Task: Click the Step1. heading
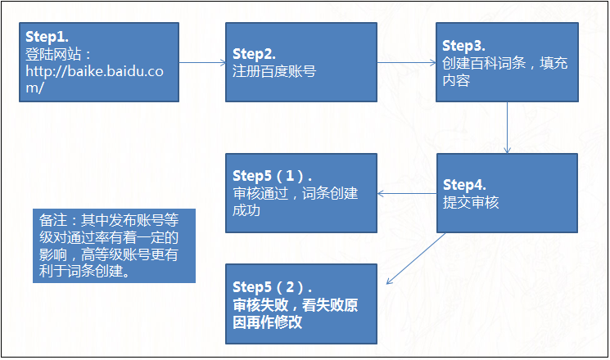click(x=47, y=38)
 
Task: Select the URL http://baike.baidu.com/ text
click(x=93, y=79)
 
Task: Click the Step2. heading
click(x=253, y=54)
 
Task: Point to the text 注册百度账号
click(x=273, y=71)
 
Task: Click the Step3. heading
click(x=463, y=45)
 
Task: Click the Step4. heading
click(x=463, y=185)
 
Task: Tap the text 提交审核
click(x=470, y=202)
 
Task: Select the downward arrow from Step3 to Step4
click(x=508, y=127)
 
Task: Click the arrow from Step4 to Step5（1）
click(x=406, y=194)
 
